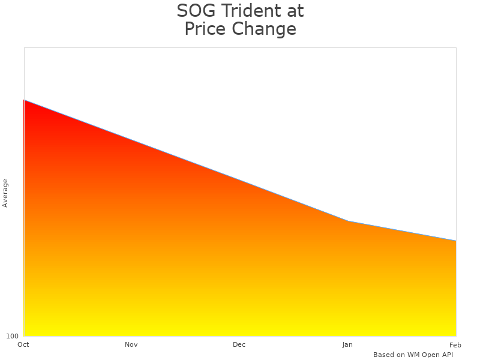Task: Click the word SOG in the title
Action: (x=196, y=11)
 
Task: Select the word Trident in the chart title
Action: (x=251, y=11)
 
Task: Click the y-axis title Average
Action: (x=5, y=193)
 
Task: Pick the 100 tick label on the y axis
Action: (x=12, y=336)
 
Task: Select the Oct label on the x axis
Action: (x=23, y=344)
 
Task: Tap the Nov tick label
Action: (x=131, y=344)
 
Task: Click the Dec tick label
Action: (x=239, y=344)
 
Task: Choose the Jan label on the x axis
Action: (x=347, y=344)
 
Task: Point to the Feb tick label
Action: (x=455, y=344)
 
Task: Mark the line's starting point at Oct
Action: (x=24, y=100)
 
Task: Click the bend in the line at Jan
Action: (x=348, y=221)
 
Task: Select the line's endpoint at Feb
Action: (x=456, y=241)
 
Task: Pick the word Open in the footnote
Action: (x=431, y=355)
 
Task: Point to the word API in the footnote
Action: (x=448, y=355)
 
